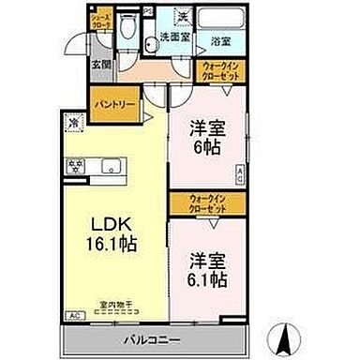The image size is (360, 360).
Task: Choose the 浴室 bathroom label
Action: click(x=221, y=41)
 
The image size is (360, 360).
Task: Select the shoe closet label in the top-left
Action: click(x=98, y=19)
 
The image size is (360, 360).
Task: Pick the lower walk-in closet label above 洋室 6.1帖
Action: click(x=197, y=200)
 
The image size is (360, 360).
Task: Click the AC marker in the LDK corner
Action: click(x=71, y=317)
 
